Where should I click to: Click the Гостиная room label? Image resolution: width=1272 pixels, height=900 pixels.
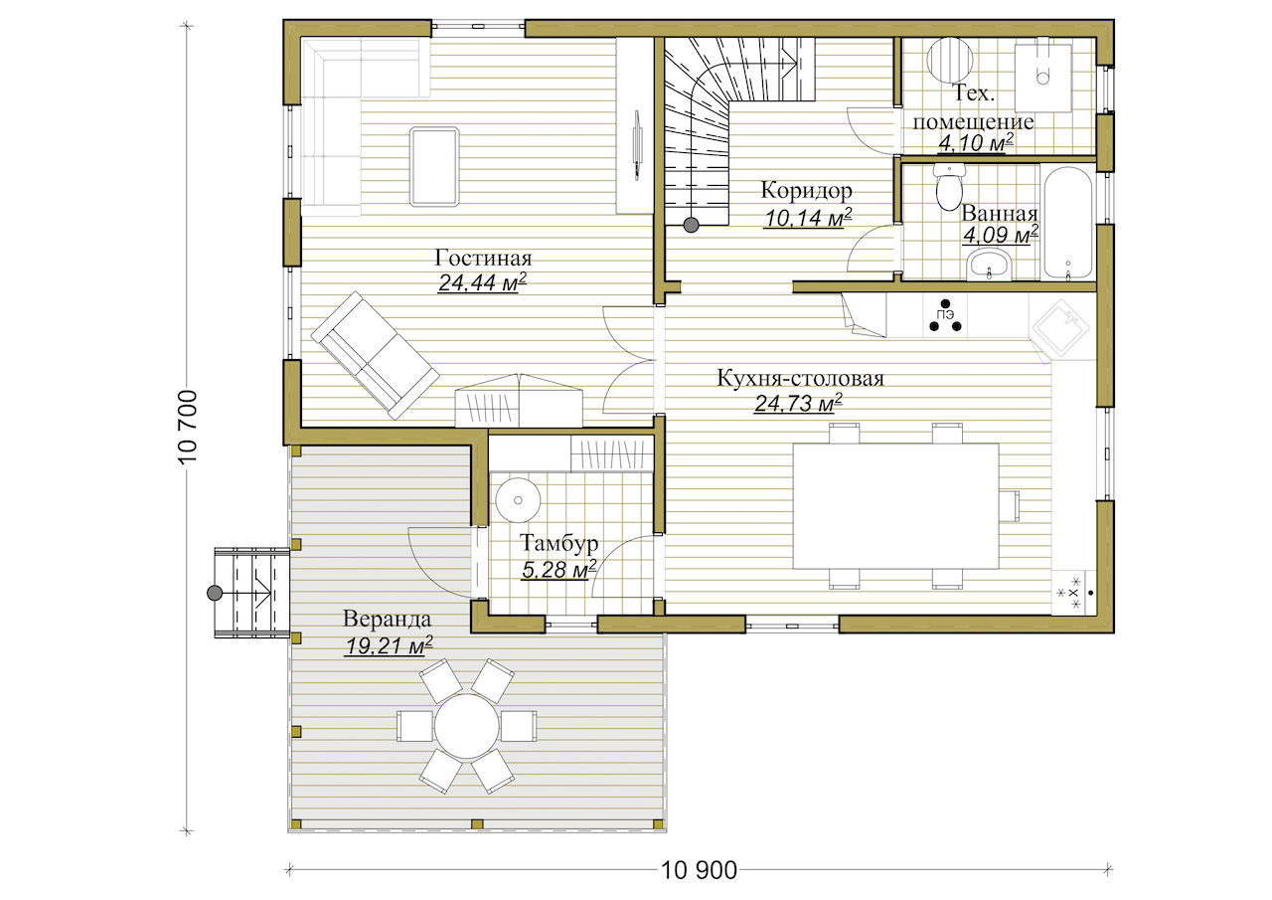[x=483, y=258]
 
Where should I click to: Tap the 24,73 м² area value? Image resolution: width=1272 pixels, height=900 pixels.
[x=798, y=403]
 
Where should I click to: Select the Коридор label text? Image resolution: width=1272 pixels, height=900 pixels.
[x=806, y=190]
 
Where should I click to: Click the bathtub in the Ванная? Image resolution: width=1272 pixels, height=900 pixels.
[x=1067, y=223]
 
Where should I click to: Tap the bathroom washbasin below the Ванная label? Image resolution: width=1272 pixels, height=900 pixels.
[x=989, y=265]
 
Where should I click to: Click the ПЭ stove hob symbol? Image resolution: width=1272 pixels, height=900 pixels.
[x=945, y=316]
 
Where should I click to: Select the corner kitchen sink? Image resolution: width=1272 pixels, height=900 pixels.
[x=1060, y=328]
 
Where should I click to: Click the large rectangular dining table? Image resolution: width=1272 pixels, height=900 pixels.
[x=896, y=505]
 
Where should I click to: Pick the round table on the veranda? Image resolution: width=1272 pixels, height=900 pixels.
[x=467, y=726]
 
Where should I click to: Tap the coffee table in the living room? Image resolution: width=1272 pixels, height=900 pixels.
[x=434, y=166]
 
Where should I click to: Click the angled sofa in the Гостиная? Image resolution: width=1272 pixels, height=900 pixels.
[x=375, y=356]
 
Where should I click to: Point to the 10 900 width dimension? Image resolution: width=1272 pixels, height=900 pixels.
[x=699, y=870]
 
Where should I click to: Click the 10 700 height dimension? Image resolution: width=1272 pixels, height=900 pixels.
[x=188, y=427]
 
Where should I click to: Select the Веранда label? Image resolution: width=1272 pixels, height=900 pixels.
[x=387, y=619]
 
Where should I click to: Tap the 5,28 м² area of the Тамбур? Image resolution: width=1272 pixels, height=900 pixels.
[x=558, y=569]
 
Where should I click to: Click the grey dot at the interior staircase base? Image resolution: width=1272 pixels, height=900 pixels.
[x=691, y=225]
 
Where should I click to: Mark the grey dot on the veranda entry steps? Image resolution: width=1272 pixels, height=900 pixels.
[x=215, y=593]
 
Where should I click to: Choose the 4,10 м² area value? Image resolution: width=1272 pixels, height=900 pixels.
[x=976, y=143]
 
